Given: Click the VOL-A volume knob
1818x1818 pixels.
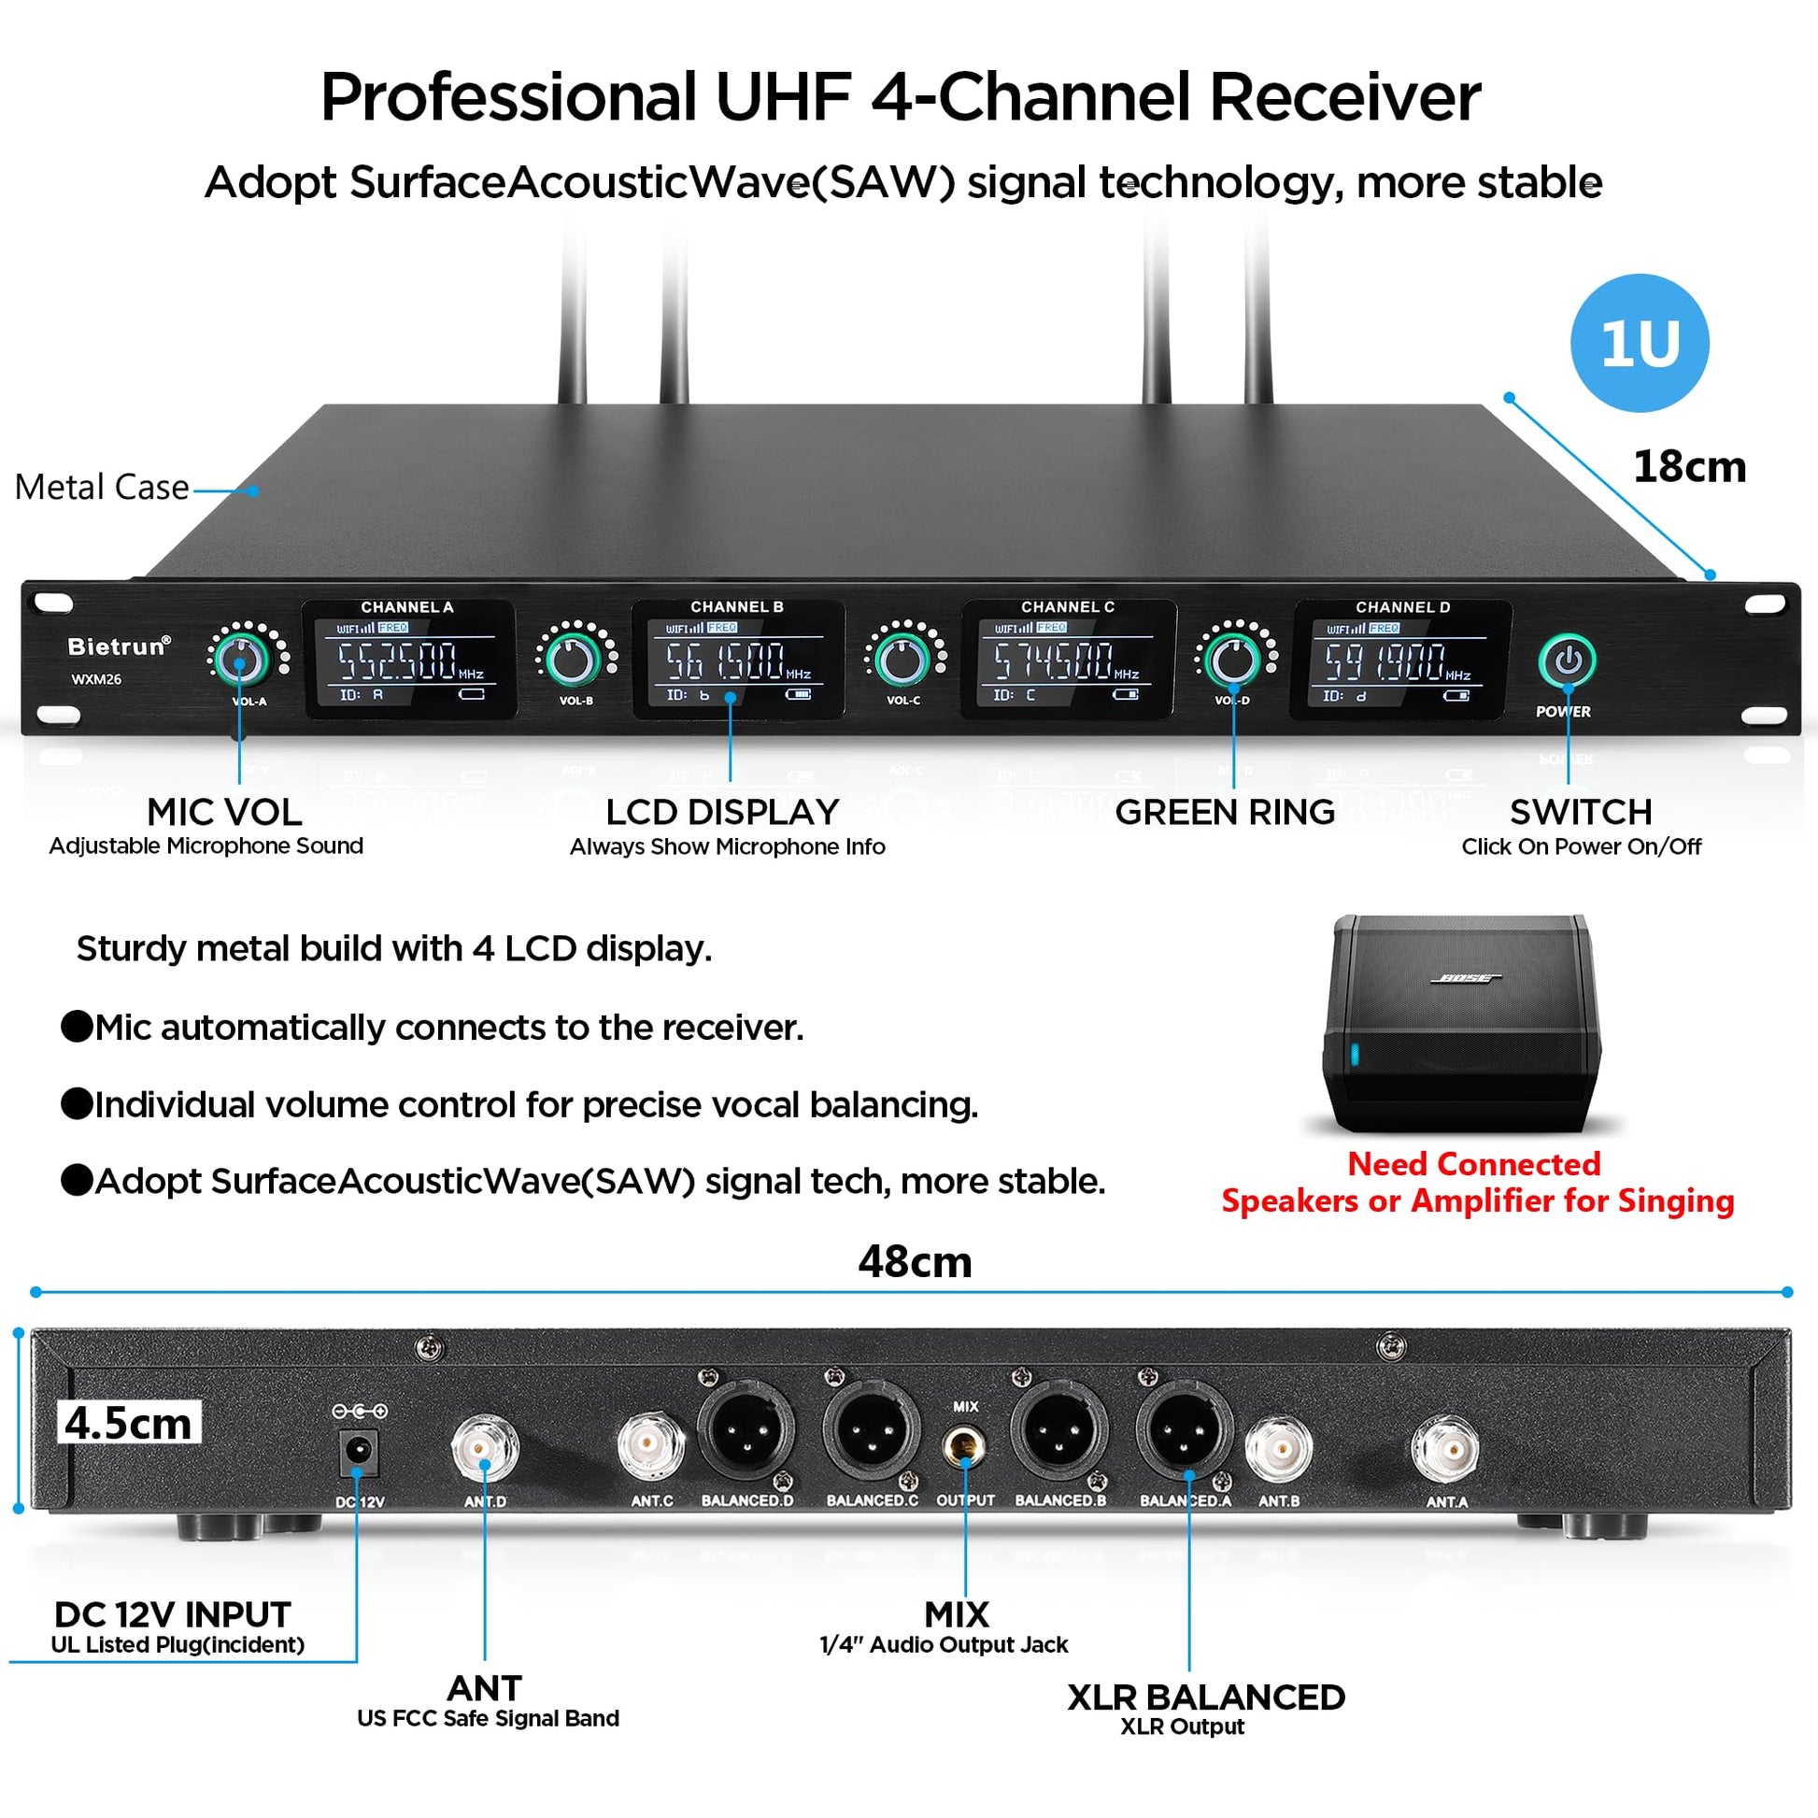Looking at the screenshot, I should (240, 660).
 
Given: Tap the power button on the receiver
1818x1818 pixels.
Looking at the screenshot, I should (1567, 661).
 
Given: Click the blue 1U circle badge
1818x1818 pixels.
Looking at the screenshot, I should (1640, 343).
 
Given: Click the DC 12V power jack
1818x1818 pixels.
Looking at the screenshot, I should (358, 1452).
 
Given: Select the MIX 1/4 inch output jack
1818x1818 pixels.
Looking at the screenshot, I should (964, 1445).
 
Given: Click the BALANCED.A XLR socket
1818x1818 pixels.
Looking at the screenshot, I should (1185, 1430).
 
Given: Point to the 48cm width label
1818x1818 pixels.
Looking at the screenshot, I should (915, 1262).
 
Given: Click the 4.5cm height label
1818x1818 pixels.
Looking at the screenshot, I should (128, 1423).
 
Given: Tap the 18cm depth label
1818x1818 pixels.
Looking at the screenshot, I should (1689, 467).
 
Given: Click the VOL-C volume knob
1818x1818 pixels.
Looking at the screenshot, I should (902, 660).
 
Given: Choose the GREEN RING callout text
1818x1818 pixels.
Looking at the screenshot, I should (1224, 812).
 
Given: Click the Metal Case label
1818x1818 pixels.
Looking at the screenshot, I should (102, 488).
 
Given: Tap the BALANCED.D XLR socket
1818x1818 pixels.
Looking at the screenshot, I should (746, 1430).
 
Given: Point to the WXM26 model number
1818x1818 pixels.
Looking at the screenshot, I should (96, 679).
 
